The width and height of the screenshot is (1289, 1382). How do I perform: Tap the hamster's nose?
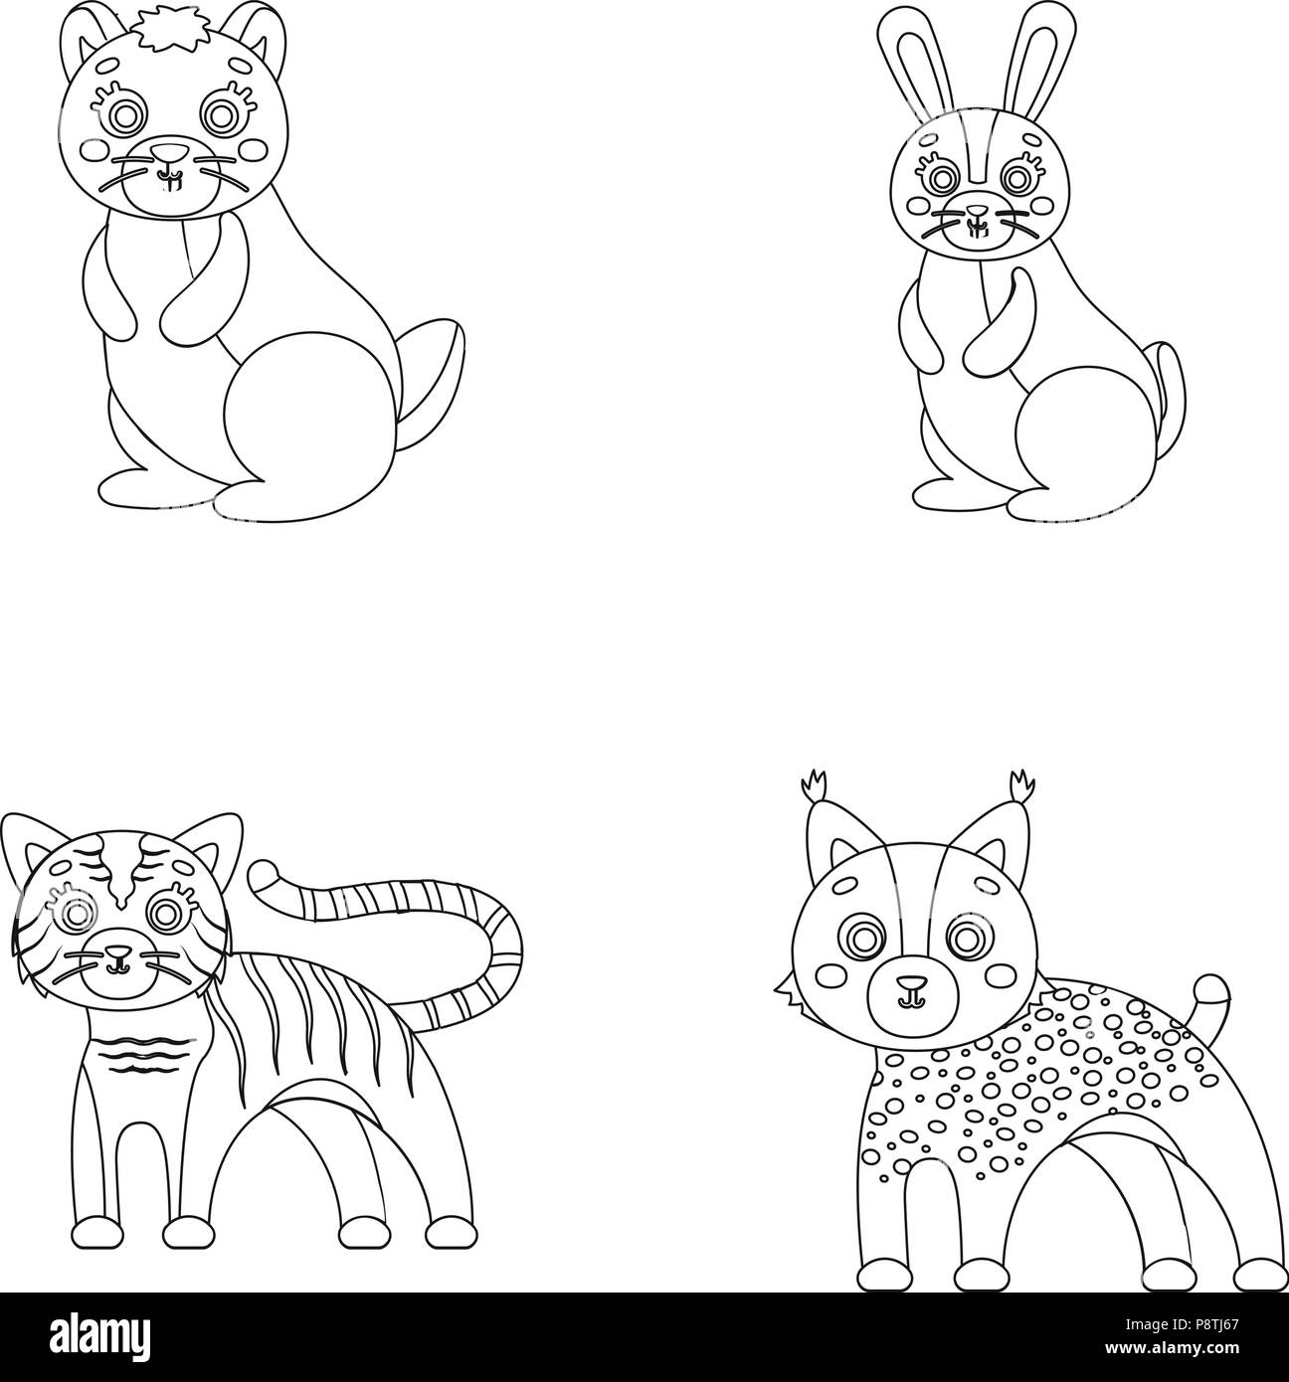(x=169, y=151)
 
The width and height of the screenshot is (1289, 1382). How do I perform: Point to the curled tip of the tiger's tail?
(x=266, y=880)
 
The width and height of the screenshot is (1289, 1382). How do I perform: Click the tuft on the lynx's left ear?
(x=815, y=787)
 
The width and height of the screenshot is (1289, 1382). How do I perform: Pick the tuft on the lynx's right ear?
(x=1022, y=787)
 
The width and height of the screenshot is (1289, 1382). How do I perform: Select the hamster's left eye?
(x=124, y=114)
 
